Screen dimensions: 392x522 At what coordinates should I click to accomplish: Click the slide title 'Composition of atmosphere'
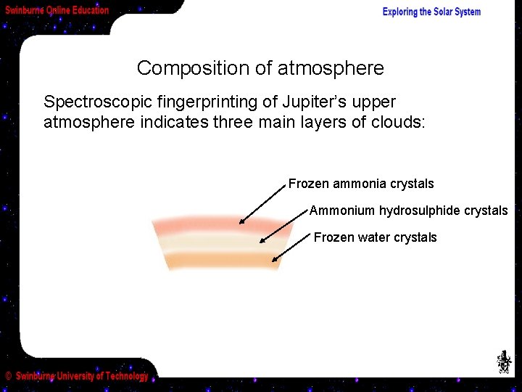[x=260, y=68]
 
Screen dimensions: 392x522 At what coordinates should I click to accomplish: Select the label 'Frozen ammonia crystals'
[x=361, y=184]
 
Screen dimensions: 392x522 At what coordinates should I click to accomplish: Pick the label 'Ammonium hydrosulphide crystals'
[x=408, y=211]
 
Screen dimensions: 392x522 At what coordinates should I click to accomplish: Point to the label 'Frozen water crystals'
[x=375, y=237]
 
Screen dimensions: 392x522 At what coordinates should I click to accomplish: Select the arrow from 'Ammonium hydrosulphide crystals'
[x=283, y=226]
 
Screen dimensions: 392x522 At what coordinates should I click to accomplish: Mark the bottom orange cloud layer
[x=221, y=260]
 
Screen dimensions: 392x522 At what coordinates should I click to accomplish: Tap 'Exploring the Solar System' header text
[x=431, y=12]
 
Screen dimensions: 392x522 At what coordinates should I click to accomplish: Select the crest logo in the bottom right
[x=503, y=362]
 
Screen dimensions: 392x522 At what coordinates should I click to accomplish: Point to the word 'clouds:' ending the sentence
[x=400, y=122]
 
